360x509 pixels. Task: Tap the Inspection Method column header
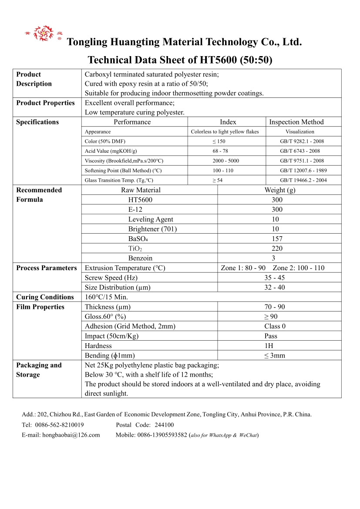click(296, 122)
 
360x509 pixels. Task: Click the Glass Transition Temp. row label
click(119, 180)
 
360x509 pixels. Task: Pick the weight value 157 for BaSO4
click(276, 239)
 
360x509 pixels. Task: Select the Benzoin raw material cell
click(140, 258)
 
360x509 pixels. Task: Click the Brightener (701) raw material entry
click(152, 229)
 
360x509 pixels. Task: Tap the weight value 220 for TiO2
click(276, 248)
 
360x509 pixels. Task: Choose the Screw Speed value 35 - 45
click(274, 278)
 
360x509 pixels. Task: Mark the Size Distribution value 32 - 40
click(274, 287)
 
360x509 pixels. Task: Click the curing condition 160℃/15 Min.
click(106, 297)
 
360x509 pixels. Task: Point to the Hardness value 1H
click(275, 346)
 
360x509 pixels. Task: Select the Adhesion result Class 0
click(275, 326)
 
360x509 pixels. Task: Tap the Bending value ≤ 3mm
click(275, 355)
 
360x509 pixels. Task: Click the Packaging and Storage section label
click(39, 370)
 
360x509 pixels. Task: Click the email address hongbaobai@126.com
click(71, 435)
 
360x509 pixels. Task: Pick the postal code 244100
click(164, 425)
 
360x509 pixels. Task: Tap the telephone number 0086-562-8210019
click(60, 425)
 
